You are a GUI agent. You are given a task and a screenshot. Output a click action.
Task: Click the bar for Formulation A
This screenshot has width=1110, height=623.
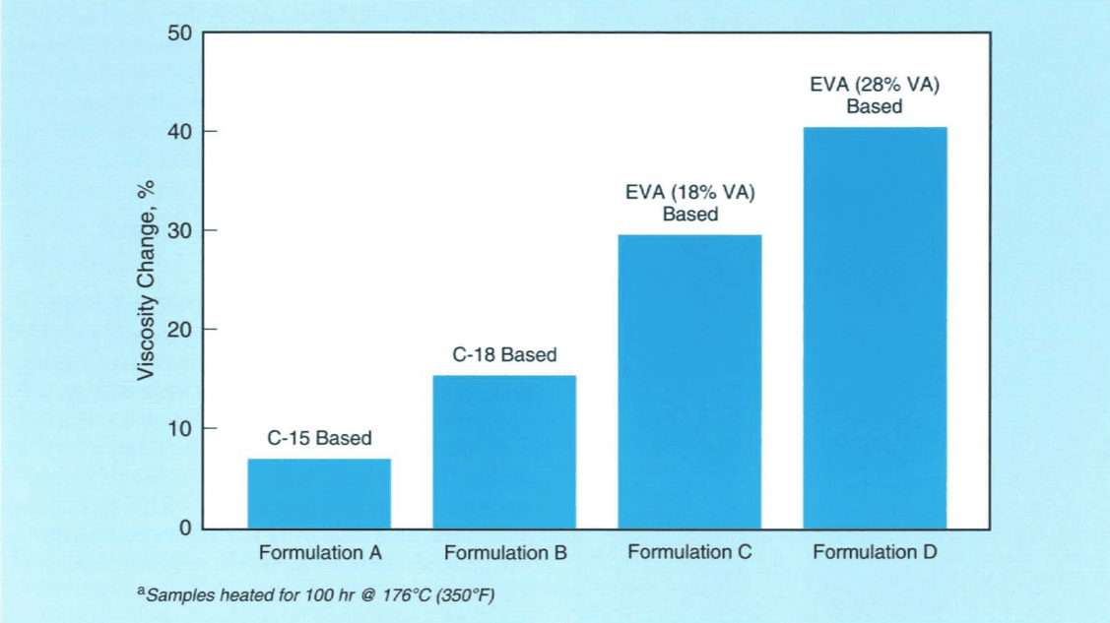(319, 494)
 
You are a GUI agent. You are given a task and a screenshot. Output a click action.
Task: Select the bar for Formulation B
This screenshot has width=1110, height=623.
(504, 453)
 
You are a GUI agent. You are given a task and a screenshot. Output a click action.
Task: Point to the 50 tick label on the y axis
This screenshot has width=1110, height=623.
(178, 33)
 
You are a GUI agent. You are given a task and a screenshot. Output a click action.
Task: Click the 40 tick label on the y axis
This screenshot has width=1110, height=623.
(178, 132)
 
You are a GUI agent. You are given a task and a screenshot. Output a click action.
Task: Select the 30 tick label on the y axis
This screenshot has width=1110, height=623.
(178, 231)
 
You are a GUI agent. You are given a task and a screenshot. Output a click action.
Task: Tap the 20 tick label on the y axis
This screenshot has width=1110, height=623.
(178, 330)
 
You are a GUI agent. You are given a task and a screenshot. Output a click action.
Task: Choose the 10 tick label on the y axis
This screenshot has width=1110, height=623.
(178, 429)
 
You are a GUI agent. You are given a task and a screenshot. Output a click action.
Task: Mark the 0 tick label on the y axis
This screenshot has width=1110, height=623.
(184, 529)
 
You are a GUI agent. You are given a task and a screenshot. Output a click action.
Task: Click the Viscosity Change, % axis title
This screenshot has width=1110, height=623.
(146, 280)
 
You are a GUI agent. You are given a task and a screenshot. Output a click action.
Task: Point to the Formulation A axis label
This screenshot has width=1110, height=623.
(320, 553)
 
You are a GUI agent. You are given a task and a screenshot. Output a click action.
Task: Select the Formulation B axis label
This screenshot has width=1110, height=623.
(505, 553)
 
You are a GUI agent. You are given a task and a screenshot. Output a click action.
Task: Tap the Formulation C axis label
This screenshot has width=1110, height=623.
(689, 552)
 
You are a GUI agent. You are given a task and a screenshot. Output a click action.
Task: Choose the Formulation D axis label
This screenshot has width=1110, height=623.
(875, 552)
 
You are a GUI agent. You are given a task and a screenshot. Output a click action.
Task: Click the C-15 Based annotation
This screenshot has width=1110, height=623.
(319, 439)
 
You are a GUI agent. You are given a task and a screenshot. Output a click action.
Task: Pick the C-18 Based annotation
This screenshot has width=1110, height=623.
(504, 355)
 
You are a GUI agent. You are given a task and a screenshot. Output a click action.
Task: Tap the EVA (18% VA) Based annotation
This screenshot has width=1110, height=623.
(689, 204)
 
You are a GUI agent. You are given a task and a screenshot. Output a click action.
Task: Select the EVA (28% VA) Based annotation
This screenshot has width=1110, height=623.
(875, 95)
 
